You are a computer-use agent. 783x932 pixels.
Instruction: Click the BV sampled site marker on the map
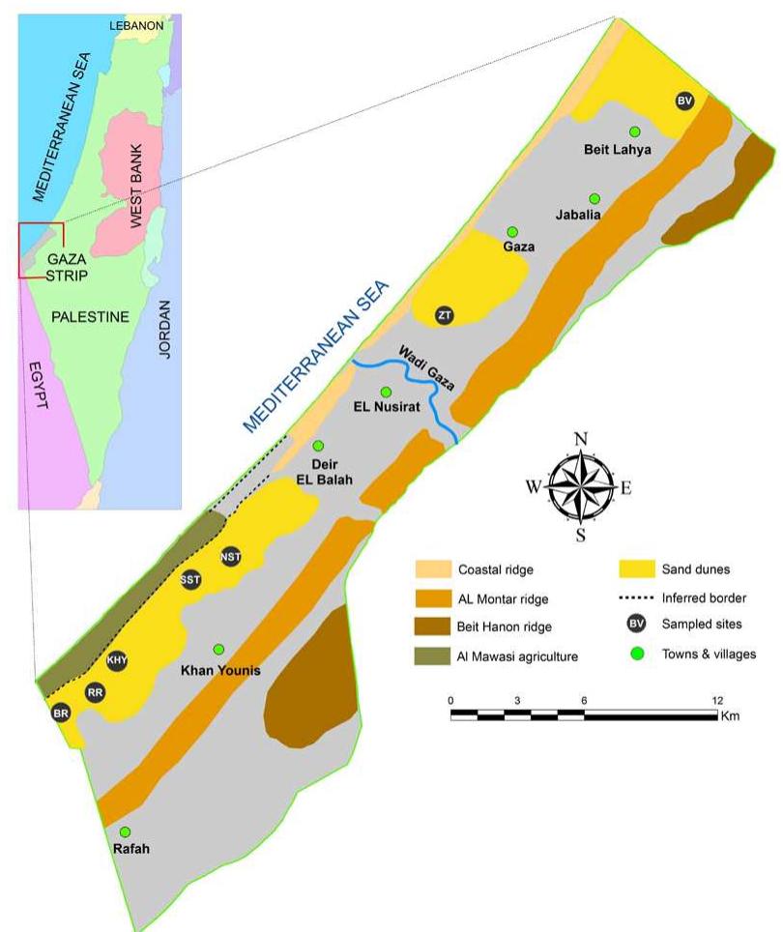point(685,101)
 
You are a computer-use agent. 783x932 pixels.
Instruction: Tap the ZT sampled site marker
point(445,315)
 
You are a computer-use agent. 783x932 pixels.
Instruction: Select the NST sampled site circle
point(230,556)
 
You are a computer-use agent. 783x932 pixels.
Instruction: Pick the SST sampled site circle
point(190,580)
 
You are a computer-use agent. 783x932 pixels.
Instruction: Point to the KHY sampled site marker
point(118,660)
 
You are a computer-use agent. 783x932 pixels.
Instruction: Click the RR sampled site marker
point(95,692)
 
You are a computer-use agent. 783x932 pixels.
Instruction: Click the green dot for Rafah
point(125,832)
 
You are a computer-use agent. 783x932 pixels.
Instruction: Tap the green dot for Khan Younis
point(218,649)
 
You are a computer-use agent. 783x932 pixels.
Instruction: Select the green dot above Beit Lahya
point(635,131)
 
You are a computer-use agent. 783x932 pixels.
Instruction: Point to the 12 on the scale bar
point(716,700)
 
